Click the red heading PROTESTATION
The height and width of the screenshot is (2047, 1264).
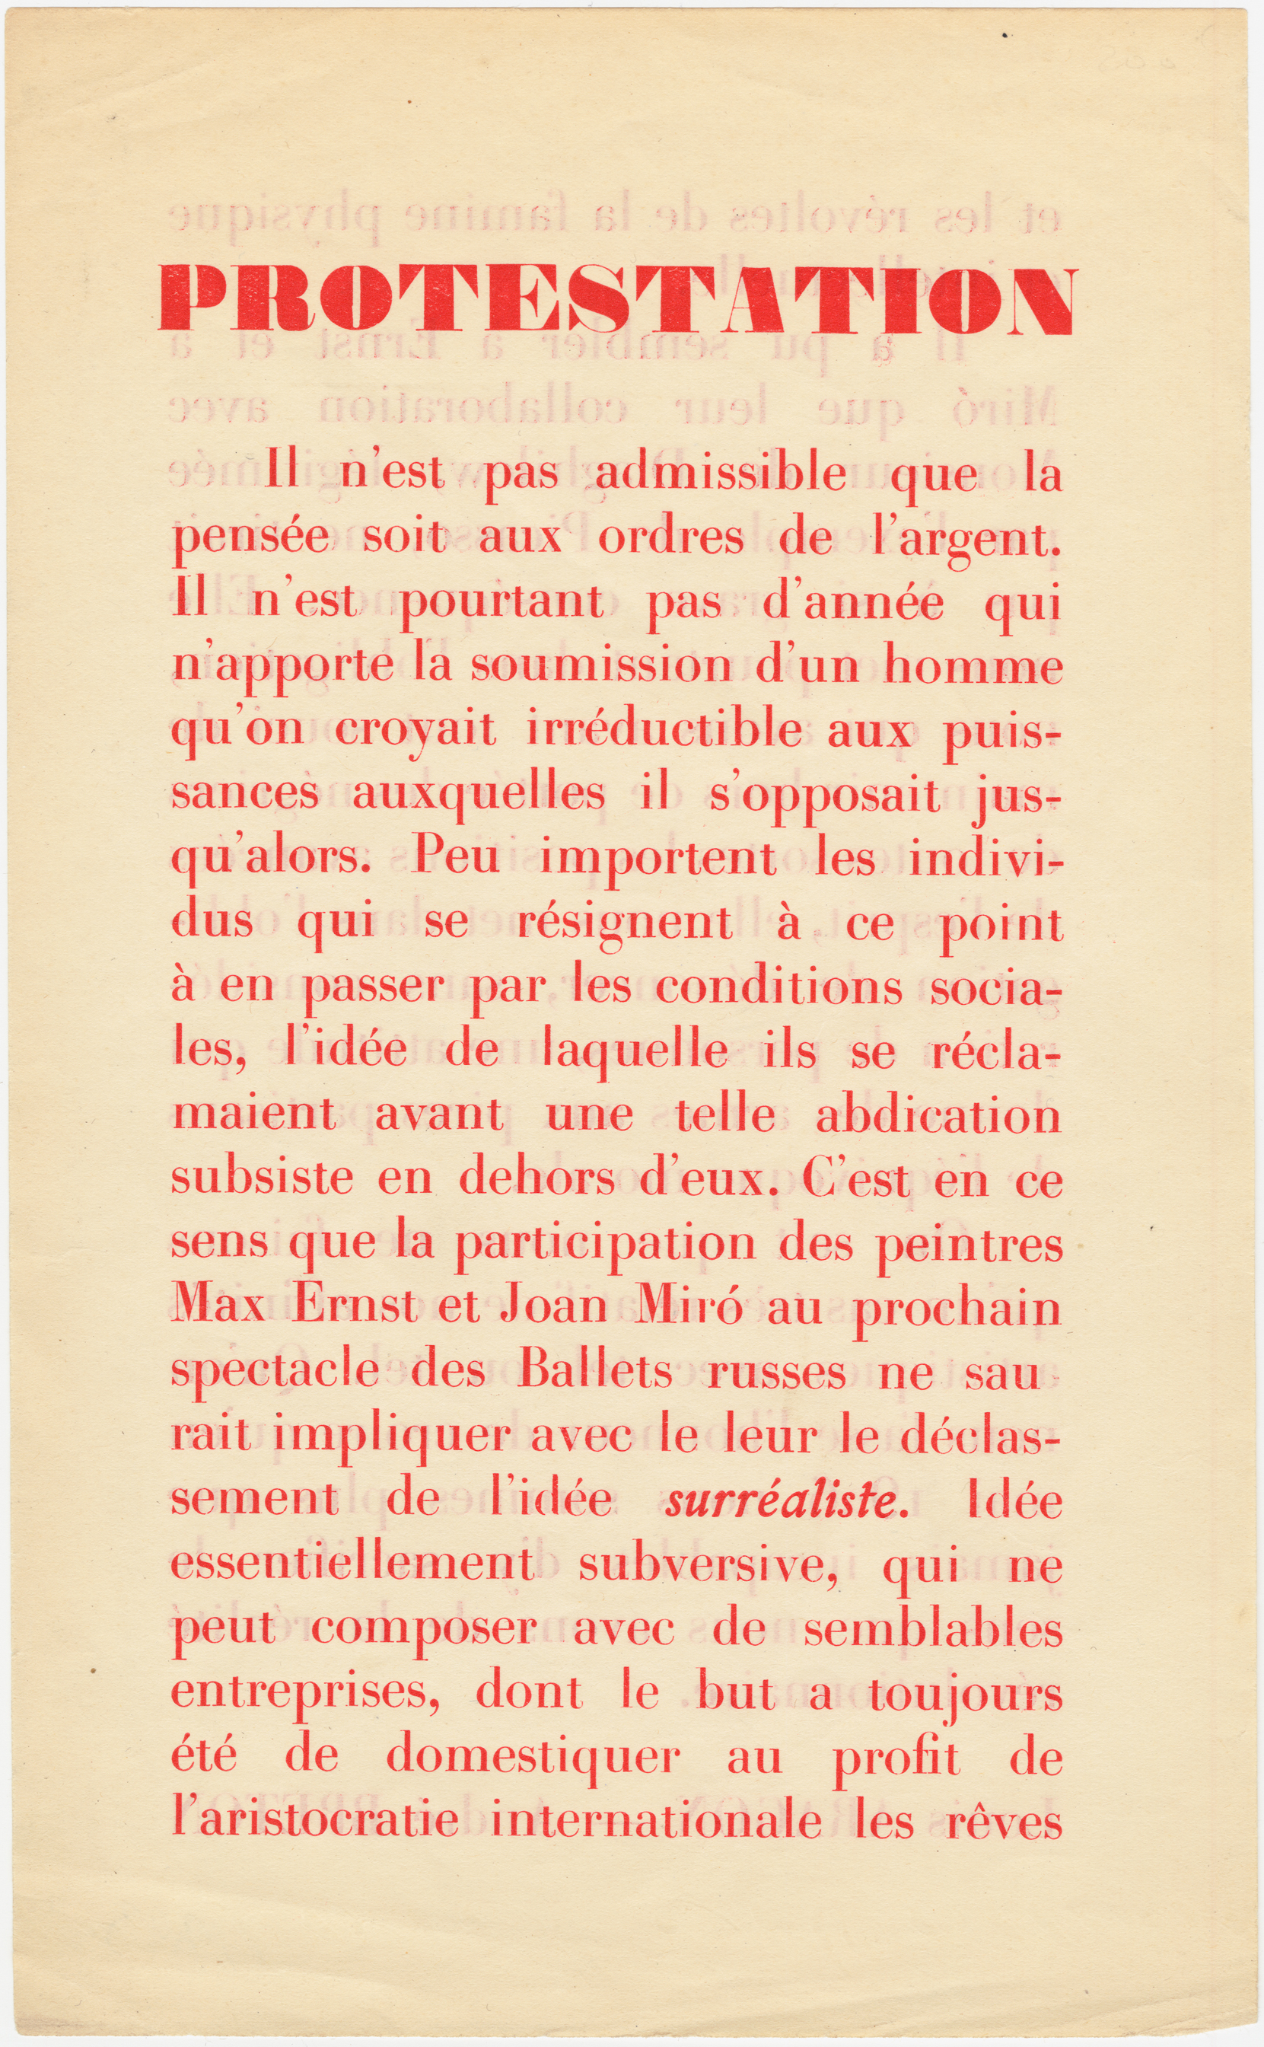pos(616,300)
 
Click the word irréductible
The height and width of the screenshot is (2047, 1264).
pos(664,730)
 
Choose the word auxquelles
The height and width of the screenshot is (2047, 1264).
pos(477,793)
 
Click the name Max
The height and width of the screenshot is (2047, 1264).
pos(220,1307)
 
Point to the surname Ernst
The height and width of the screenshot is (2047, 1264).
pos(355,1307)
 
